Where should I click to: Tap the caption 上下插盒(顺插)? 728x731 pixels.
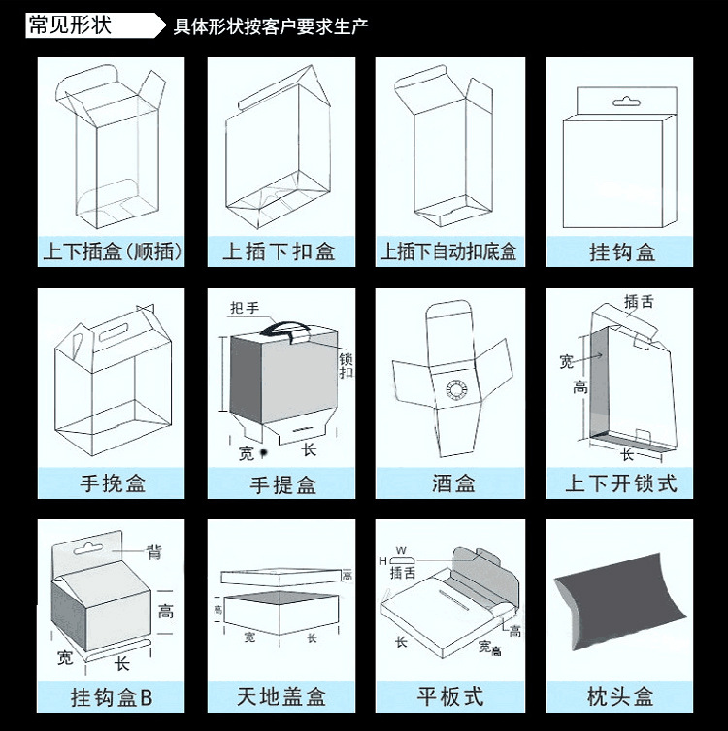tap(113, 252)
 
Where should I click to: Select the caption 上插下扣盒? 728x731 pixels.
tap(280, 252)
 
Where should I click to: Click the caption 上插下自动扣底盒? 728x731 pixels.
tap(448, 252)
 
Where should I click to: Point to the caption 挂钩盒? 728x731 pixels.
tap(622, 252)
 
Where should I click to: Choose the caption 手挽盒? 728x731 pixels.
tap(113, 482)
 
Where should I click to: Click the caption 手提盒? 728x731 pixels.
tap(282, 482)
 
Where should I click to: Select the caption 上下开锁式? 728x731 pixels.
tap(621, 482)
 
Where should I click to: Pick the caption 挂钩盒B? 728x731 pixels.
tap(113, 697)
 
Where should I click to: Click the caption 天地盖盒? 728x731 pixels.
tap(281, 697)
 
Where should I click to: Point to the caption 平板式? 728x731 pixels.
tap(450, 697)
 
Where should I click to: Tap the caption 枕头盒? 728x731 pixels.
tap(621, 697)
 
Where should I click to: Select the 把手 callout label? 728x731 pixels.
tap(245, 309)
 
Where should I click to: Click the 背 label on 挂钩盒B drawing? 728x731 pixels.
tap(154, 552)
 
